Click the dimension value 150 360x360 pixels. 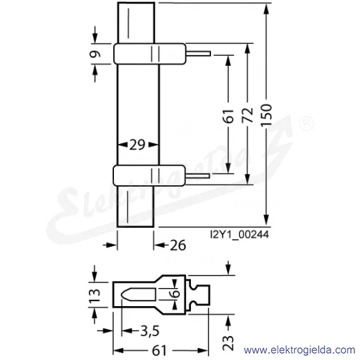(x=266, y=115)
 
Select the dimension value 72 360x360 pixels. (x=247, y=115)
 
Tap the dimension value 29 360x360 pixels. (x=137, y=145)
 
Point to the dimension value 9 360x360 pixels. (x=95, y=54)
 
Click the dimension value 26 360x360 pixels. (x=178, y=245)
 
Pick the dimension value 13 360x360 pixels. (x=95, y=296)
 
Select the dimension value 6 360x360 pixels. (x=175, y=293)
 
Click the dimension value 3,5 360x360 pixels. (x=150, y=331)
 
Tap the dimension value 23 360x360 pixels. (x=228, y=343)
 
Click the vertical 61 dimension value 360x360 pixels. (x=229, y=116)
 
